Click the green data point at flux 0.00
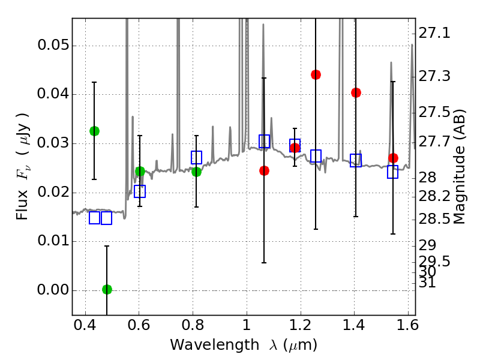tap(107, 289)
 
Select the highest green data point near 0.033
tap(94, 131)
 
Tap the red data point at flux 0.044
tap(316, 74)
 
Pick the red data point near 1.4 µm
tap(356, 92)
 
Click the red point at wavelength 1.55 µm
tap(393, 158)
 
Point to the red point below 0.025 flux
tap(264, 170)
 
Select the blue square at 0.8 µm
tap(196, 157)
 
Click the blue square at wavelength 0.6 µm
tap(140, 191)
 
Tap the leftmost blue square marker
tap(94, 218)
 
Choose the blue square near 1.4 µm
tap(356, 160)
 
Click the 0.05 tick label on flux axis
tap(52, 46)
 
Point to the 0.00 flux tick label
tap(52, 290)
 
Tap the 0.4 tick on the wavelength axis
tap(85, 328)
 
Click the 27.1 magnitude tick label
tap(436, 34)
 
